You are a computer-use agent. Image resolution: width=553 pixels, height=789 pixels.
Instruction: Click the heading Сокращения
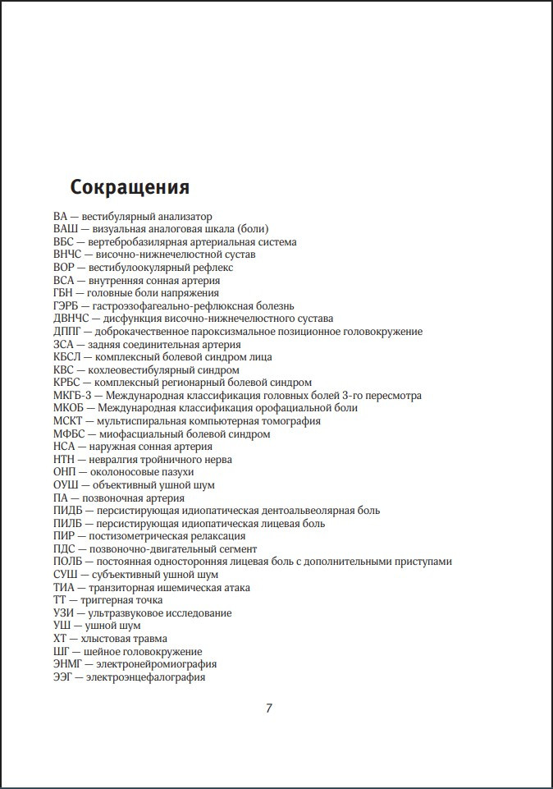coord(130,187)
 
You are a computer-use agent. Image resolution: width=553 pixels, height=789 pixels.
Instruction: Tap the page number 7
coord(269,709)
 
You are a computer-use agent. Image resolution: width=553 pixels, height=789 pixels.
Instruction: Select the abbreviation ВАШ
coord(66,229)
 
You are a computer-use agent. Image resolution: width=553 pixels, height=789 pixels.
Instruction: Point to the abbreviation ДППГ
coord(69,332)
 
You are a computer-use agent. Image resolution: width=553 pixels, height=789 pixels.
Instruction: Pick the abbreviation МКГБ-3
coord(72,396)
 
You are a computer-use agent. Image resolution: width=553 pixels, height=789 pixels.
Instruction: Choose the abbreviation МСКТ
coord(69,421)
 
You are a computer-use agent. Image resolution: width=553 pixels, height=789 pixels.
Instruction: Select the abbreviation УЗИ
coord(65,613)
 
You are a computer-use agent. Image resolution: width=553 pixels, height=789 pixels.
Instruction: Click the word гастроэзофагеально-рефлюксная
coord(164,306)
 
